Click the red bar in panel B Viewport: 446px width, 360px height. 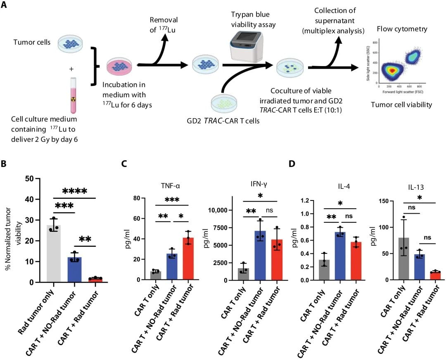click(96, 280)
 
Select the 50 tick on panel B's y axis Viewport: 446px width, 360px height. click(28, 179)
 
